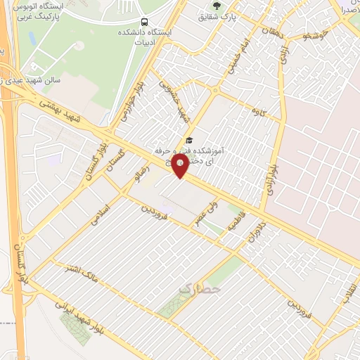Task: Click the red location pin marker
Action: pyautogui.click(x=181, y=167)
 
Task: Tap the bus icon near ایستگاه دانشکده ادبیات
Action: pyautogui.click(x=144, y=22)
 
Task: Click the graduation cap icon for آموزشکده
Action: pyautogui.click(x=188, y=141)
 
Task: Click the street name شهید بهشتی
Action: pyautogui.click(x=63, y=112)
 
